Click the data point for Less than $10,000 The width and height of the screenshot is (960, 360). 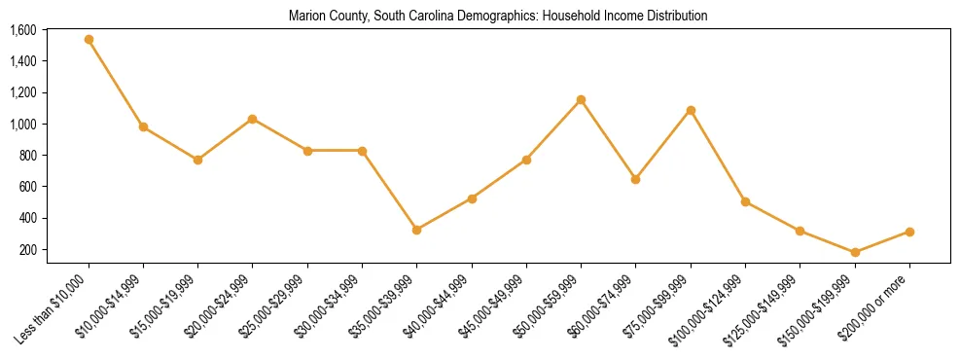point(89,40)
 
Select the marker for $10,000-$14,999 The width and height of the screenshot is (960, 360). point(143,126)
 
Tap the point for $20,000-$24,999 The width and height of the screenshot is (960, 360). point(253,119)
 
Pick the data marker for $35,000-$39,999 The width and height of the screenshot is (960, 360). point(417,230)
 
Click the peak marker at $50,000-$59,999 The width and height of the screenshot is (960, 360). point(581,99)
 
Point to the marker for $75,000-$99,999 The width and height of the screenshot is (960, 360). point(691,110)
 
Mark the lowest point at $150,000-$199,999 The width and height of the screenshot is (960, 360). point(855,252)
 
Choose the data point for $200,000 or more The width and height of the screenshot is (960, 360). point(909,232)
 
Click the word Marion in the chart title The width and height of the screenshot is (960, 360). point(305,17)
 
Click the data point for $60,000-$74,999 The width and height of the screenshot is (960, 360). point(635,179)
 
